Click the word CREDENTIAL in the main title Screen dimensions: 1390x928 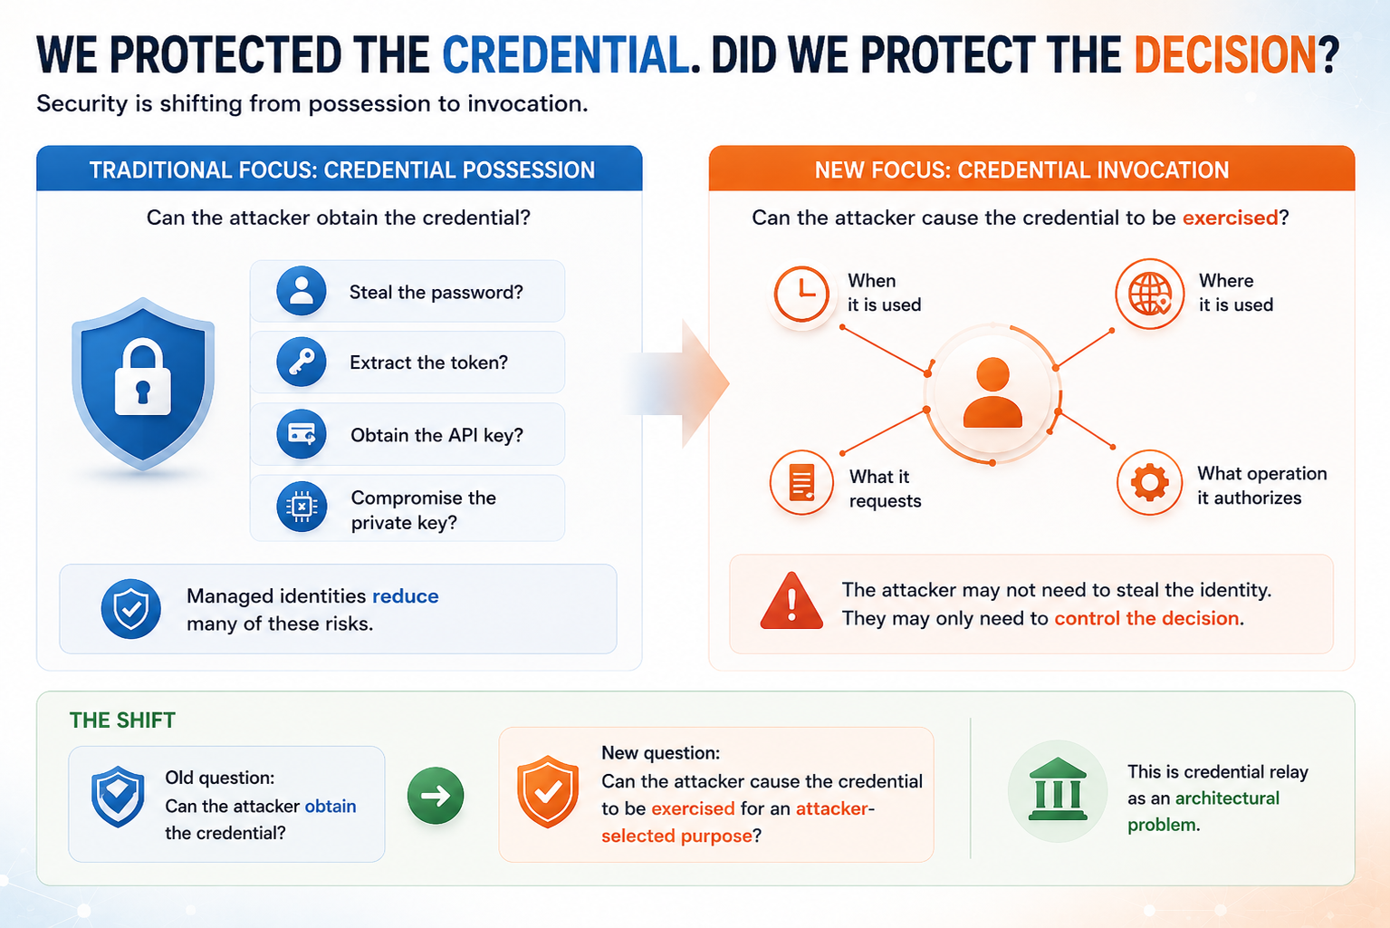point(565,54)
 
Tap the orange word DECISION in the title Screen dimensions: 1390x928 point(1225,54)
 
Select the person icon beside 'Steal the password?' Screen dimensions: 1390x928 point(302,291)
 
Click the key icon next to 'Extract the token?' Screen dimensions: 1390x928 point(302,362)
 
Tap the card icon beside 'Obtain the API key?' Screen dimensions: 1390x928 point(302,433)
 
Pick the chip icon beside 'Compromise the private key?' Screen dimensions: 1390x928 point(302,507)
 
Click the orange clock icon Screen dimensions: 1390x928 point(801,294)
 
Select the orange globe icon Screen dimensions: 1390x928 point(1150,294)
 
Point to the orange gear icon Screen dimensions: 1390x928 point(1150,483)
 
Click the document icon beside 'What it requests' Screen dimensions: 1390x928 point(801,482)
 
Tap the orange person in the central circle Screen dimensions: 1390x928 point(992,392)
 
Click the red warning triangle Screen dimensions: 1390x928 point(791,601)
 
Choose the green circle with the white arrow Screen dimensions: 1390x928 point(436,796)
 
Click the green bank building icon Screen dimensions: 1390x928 point(1058,789)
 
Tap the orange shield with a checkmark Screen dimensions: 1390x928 point(548,791)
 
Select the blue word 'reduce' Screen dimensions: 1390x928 point(405,595)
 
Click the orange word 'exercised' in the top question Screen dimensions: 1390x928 point(1230,217)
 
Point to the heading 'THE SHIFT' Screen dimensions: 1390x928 point(122,720)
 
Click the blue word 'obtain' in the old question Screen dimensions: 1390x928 point(331,806)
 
